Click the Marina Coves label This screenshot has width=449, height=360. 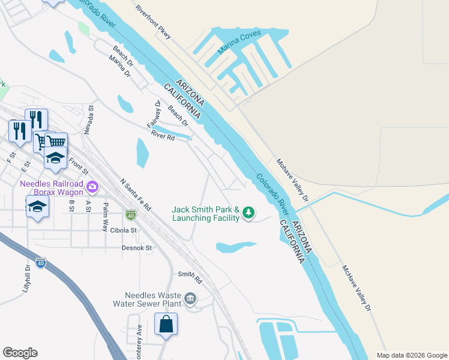239,41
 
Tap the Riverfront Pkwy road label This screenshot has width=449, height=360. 154,23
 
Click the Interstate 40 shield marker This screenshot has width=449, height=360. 130,214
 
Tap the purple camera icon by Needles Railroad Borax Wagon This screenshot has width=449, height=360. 92,187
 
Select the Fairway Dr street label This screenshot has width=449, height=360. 154,114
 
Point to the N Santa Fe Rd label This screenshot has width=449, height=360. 134,193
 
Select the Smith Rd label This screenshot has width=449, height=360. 190,275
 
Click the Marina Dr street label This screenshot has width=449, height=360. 120,65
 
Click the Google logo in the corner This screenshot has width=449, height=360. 20,353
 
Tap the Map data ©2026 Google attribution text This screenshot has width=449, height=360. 411,355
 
